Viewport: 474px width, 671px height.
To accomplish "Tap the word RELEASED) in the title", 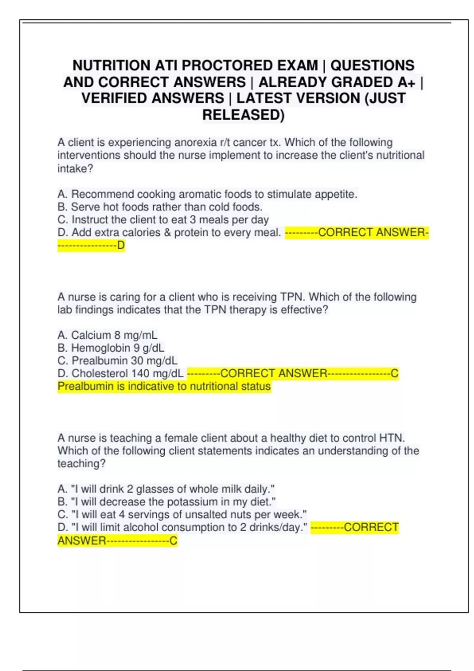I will [x=243, y=115].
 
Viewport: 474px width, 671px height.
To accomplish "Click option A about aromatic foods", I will [x=207, y=194].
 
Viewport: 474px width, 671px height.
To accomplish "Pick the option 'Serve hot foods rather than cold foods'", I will [x=160, y=207].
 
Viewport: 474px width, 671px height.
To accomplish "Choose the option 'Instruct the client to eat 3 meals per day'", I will [x=163, y=219].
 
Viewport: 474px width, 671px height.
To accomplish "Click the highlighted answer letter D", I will [x=121, y=246].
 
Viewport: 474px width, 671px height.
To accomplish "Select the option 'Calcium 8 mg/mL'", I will [x=107, y=335].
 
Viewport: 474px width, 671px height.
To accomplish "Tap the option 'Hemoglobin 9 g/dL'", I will [x=111, y=348].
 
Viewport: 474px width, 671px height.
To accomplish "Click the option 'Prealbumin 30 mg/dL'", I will [x=117, y=360].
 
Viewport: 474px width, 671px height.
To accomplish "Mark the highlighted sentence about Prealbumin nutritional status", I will [x=164, y=386].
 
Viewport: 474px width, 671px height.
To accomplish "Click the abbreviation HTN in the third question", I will [x=391, y=438].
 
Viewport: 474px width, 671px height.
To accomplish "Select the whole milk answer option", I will [x=166, y=489].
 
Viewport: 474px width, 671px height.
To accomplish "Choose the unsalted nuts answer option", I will [x=182, y=514].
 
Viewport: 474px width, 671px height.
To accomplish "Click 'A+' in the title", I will [x=406, y=82].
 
